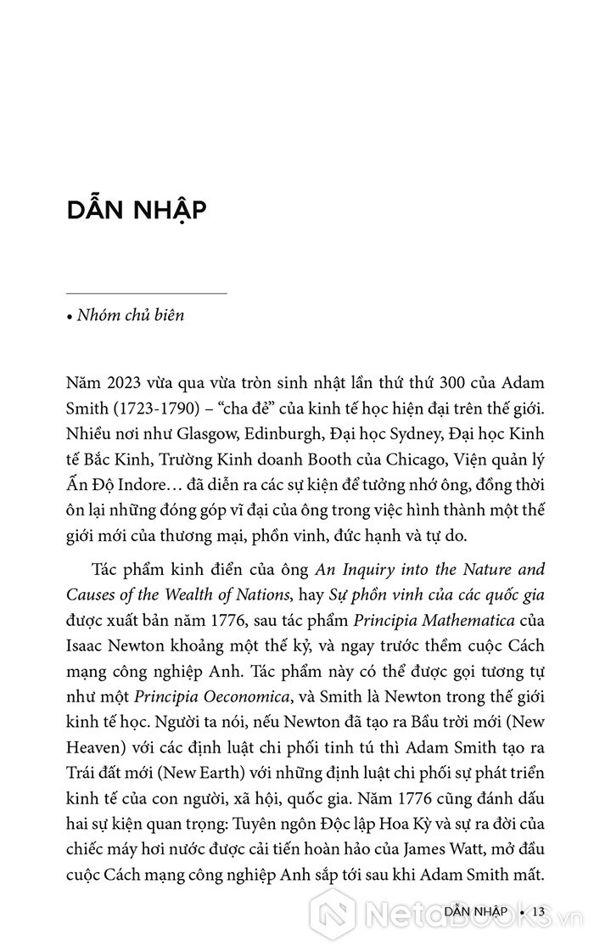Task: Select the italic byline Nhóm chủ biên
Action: click(130, 316)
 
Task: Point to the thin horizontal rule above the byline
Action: click(147, 294)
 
